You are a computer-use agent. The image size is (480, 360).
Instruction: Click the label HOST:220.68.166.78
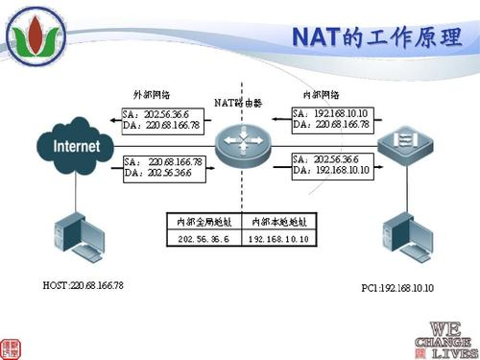coord(84,286)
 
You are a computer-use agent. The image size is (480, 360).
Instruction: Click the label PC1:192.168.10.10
coord(397,287)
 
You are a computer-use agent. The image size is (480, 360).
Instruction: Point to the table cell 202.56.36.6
coord(204,238)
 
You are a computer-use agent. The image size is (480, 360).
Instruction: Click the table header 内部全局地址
coord(204,221)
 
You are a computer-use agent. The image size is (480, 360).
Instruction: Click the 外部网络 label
coord(151,94)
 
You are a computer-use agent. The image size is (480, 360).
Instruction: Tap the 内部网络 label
coord(322,95)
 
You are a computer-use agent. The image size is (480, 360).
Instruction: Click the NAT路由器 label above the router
coord(238,101)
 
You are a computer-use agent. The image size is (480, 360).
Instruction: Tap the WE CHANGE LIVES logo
coord(444,338)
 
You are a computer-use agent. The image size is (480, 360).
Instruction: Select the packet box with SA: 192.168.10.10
coord(332,118)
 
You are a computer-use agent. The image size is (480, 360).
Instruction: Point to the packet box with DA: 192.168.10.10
coord(331,163)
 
